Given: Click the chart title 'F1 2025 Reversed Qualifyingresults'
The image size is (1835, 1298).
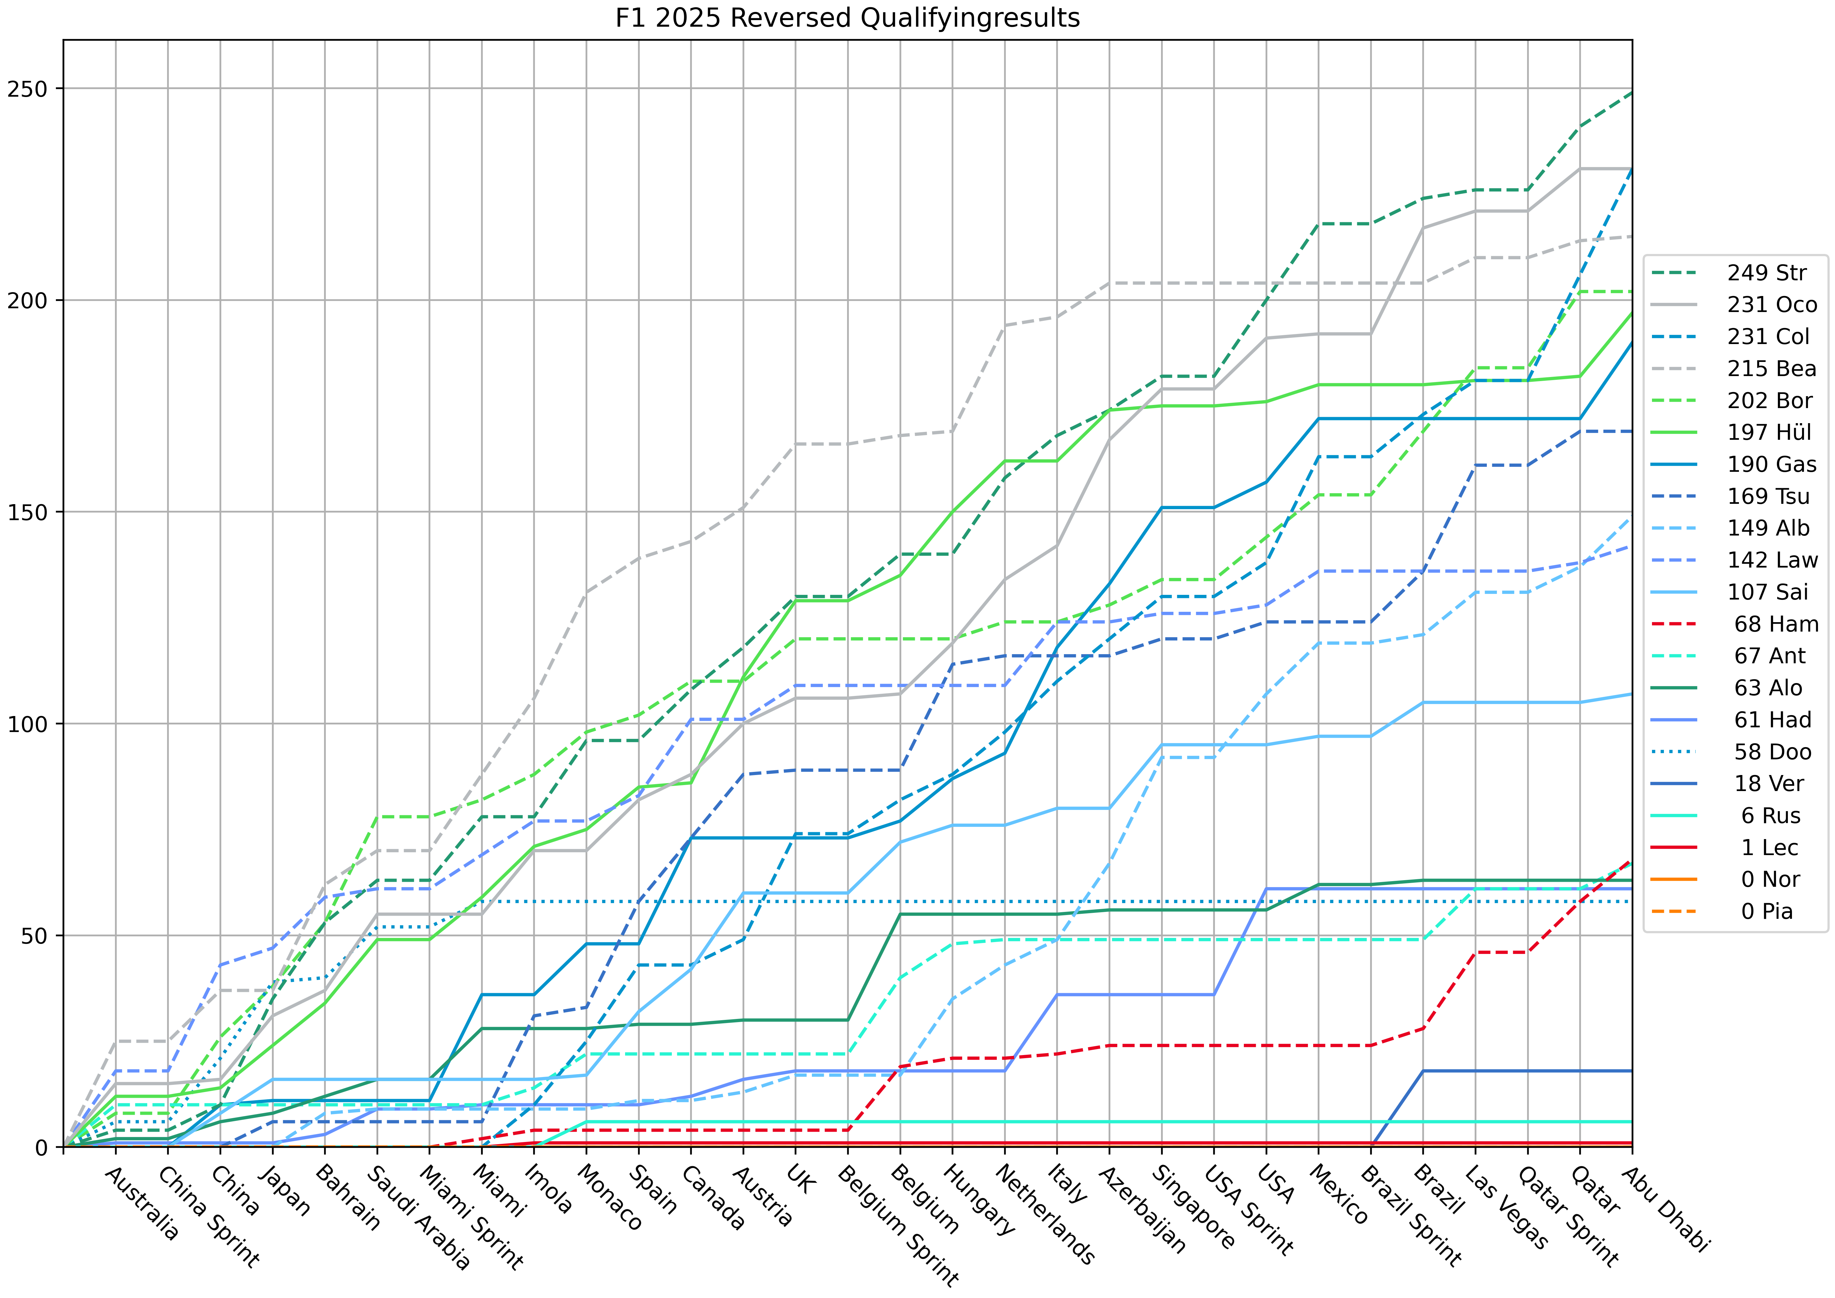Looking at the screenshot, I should [847, 18].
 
